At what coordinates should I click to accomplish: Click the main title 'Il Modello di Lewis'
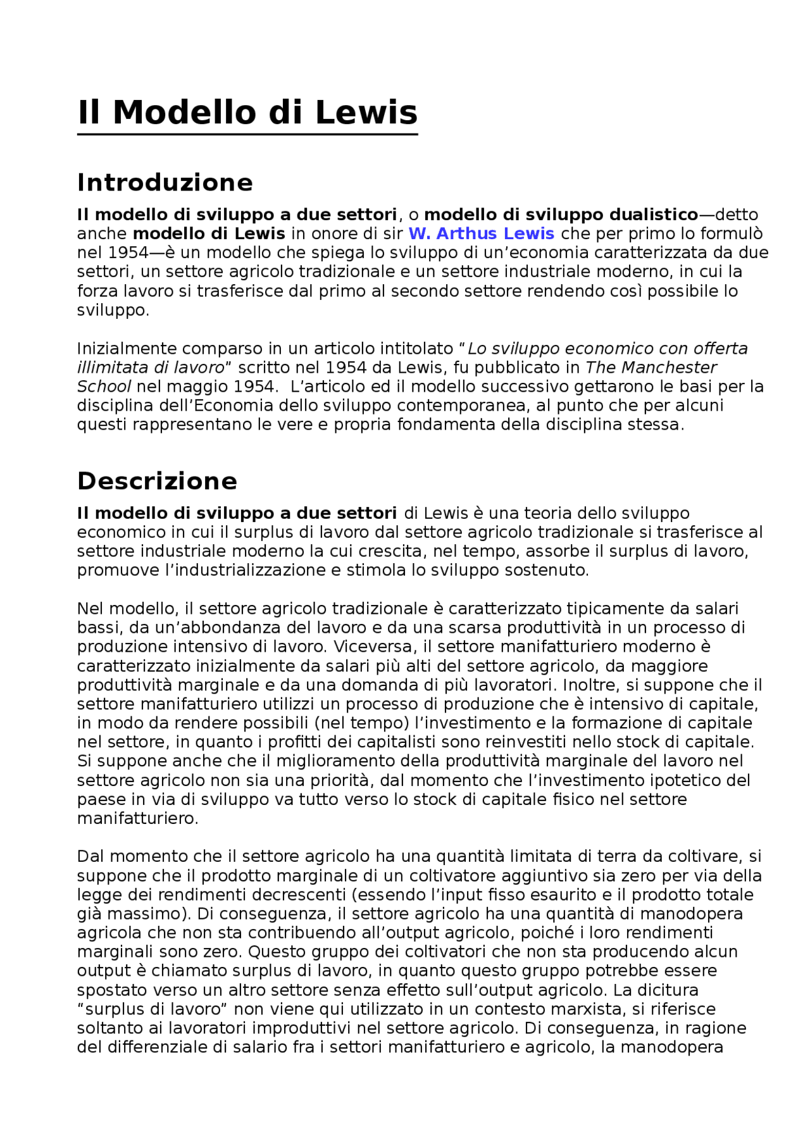pos(247,113)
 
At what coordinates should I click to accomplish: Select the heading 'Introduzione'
pos(165,183)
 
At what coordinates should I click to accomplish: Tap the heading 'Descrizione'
pos(157,481)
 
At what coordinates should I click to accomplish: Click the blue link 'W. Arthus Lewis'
pos(481,234)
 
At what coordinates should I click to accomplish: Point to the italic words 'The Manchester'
pos(651,368)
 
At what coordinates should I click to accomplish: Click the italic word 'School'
pos(104,387)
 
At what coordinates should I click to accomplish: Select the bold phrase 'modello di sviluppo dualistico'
pos(561,215)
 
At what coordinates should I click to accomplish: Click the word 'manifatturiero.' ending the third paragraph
pos(137,818)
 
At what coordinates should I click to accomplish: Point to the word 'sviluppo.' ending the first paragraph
pos(113,311)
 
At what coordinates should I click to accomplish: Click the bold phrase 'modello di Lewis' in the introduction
pos(209,234)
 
